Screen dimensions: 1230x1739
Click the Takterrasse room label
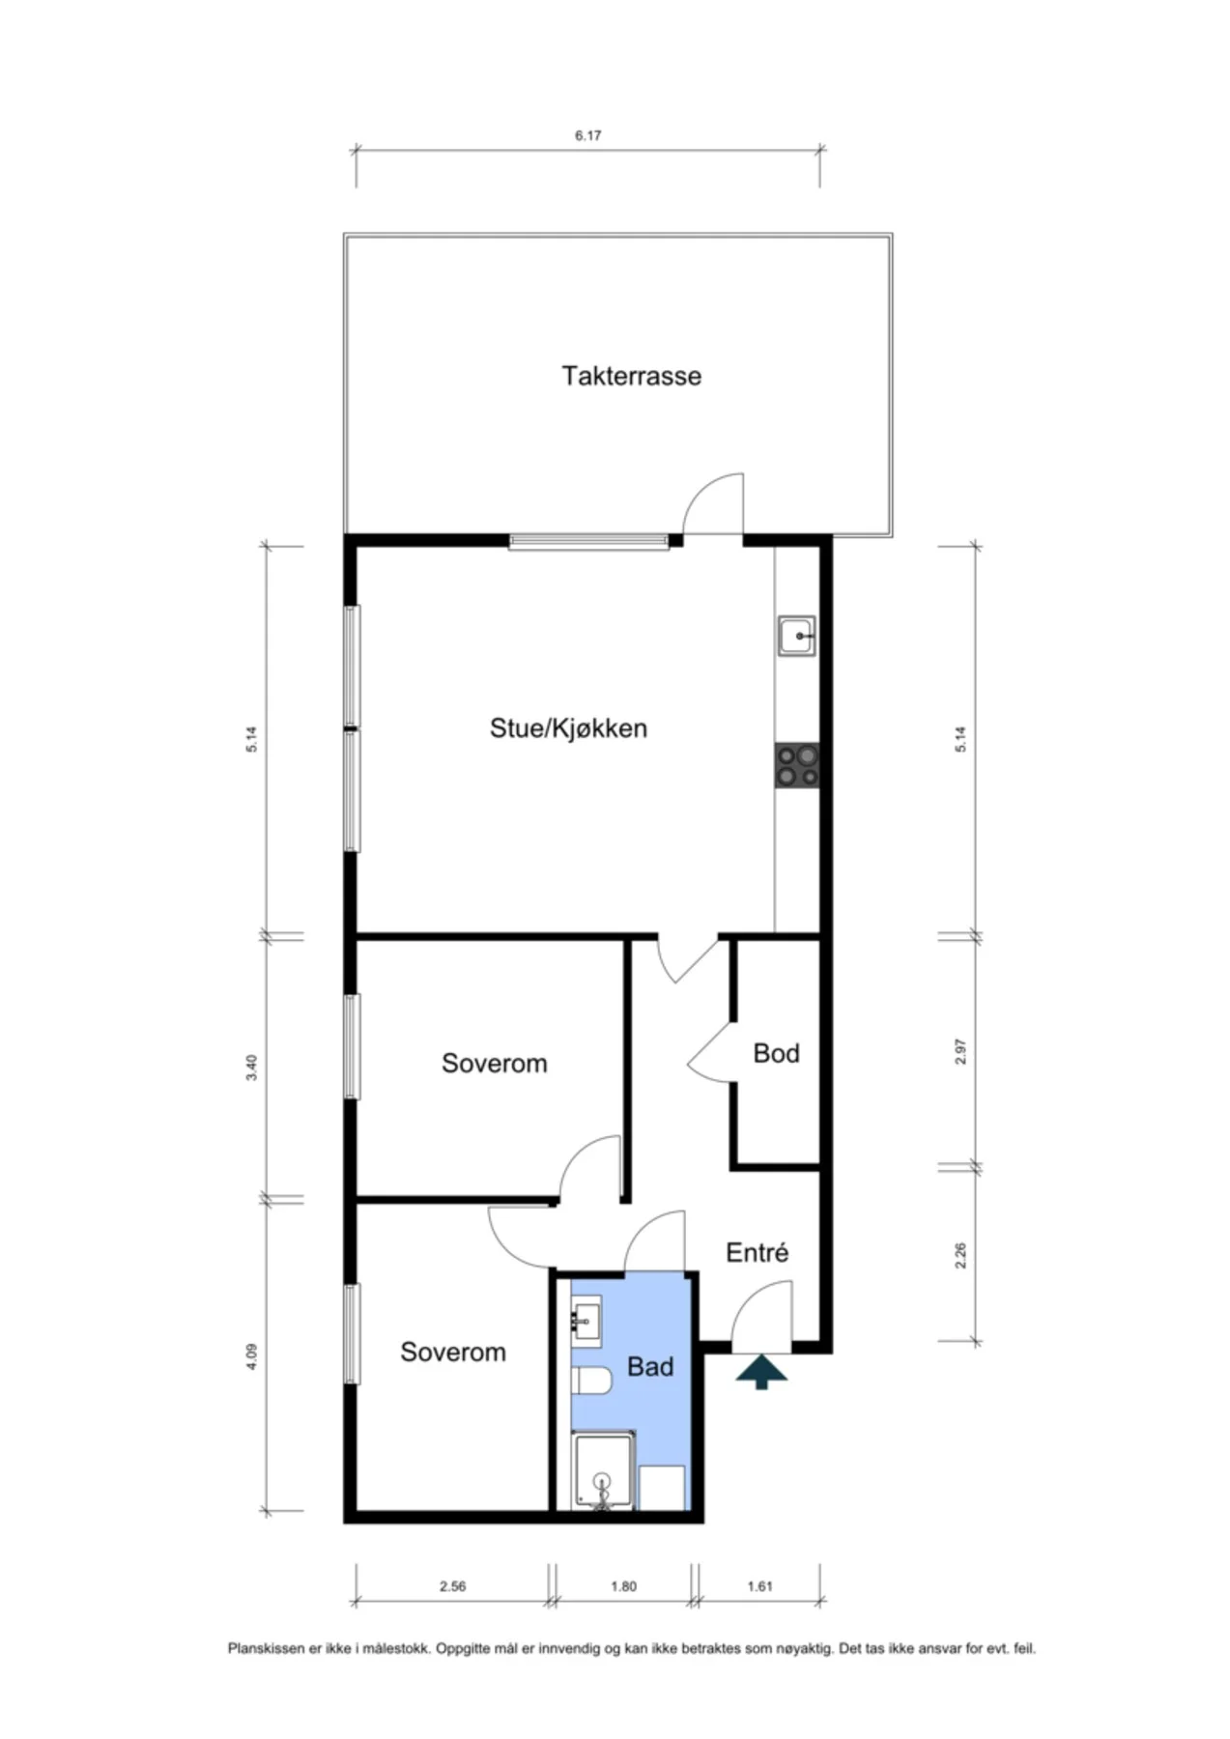[x=631, y=375]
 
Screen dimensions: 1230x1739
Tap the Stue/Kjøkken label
[x=568, y=727]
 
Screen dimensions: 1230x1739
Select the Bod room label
[x=776, y=1052]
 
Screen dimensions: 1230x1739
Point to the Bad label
[x=650, y=1366]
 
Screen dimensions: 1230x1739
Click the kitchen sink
[x=797, y=637]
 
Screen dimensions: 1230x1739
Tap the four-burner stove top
[x=797, y=765]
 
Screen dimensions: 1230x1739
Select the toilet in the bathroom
[x=591, y=1381]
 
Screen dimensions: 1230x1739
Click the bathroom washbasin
[x=586, y=1319]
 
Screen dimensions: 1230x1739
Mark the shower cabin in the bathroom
[x=604, y=1470]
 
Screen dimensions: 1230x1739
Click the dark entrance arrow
[x=761, y=1372]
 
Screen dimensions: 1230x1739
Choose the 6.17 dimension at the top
[x=587, y=136]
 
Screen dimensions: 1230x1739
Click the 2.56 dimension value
[x=452, y=1586]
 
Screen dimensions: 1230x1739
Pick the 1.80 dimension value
[x=623, y=1586]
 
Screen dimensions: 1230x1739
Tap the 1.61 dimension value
[x=760, y=1586]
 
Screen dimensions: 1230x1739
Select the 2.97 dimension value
[x=960, y=1052]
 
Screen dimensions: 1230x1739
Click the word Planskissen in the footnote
[x=266, y=1649]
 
